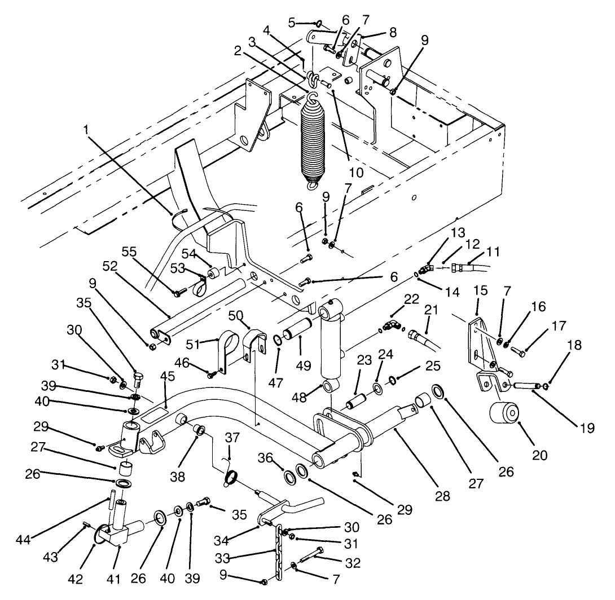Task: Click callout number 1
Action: pyautogui.click(x=86, y=129)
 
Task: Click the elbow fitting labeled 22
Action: pyautogui.click(x=390, y=325)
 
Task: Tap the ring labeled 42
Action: pyautogui.click(x=102, y=532)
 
